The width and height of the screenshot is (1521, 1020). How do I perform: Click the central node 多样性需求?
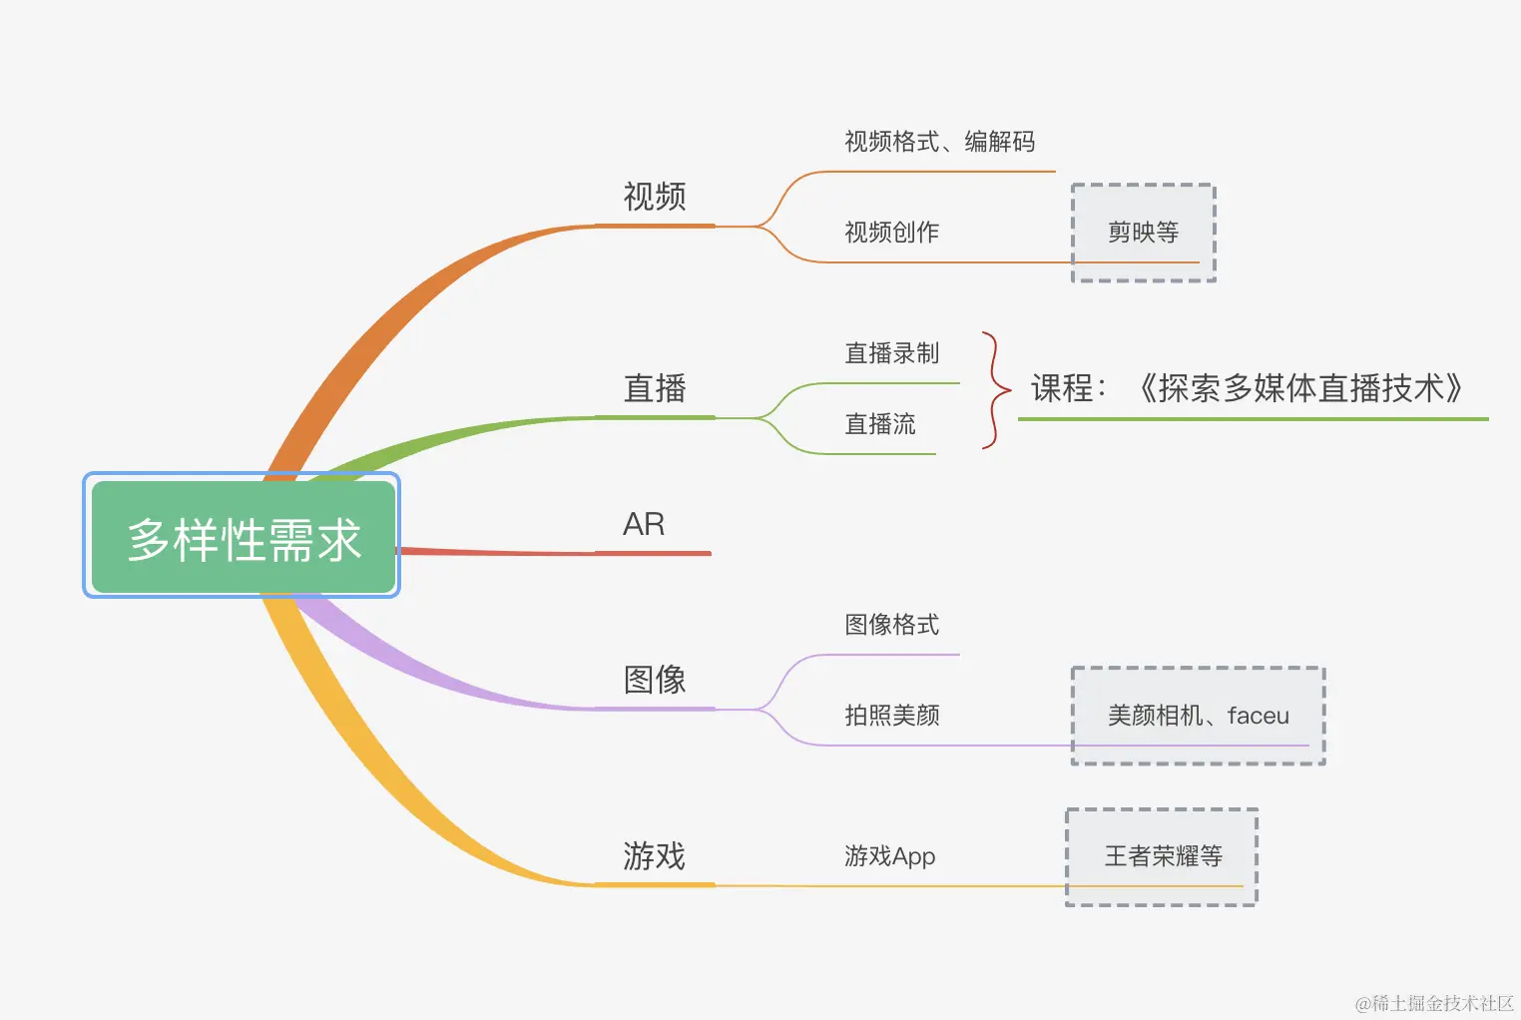click(x=243, y=539)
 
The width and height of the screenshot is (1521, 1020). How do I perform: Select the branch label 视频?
click(x=655, y=197)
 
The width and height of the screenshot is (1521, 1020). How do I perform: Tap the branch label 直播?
click(x=655, y=388)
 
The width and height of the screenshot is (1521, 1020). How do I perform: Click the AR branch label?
click(x=644, y=525)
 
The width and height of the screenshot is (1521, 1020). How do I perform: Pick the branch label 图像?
click(x=655, y=680)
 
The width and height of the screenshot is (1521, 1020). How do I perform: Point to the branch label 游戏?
click(x=655, y=856)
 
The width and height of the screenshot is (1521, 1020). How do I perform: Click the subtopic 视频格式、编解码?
click(x=939, y=142)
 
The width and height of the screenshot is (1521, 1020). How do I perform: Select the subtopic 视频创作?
click(x=891, y=233)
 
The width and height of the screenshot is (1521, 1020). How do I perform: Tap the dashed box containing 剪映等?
click(x=1143, y=233)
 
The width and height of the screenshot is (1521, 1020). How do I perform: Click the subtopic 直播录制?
click(x=891, y=353)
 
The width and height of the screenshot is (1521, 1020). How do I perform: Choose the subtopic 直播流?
click(x=879, y=424)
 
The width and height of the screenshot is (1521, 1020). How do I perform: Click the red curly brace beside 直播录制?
click(x=993, y=390)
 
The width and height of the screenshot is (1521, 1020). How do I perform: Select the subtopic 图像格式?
click(x=891, y=625)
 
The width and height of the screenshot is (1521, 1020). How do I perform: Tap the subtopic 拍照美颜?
click(x=891, y=716)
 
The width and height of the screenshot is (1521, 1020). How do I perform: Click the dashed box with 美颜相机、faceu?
click(x=1198, y=716)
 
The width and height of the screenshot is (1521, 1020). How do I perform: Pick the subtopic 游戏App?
click(x=889, y=856)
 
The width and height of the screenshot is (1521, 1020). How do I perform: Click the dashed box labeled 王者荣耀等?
click(x=1162, y=856)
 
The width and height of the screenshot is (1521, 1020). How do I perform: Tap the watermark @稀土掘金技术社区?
click(x=1434, y=1003)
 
